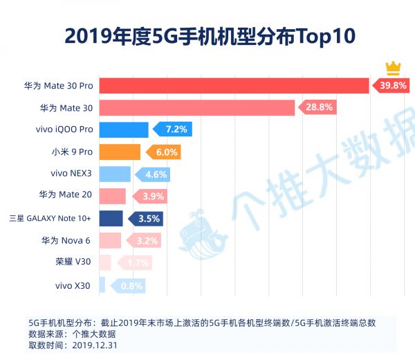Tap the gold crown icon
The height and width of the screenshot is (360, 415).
393,67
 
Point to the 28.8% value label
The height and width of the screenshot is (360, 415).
320,107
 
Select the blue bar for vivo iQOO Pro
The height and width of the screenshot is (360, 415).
124,129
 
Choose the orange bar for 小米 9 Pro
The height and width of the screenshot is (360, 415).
120,152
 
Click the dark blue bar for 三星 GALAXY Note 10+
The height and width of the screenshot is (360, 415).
111,218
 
